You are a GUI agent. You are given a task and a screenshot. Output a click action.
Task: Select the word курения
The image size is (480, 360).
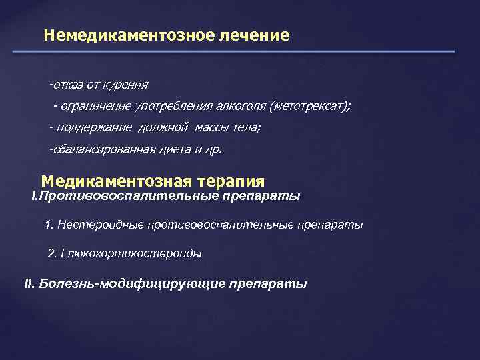point(127,85)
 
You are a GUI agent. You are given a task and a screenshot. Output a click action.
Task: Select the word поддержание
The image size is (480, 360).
point(104,128)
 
